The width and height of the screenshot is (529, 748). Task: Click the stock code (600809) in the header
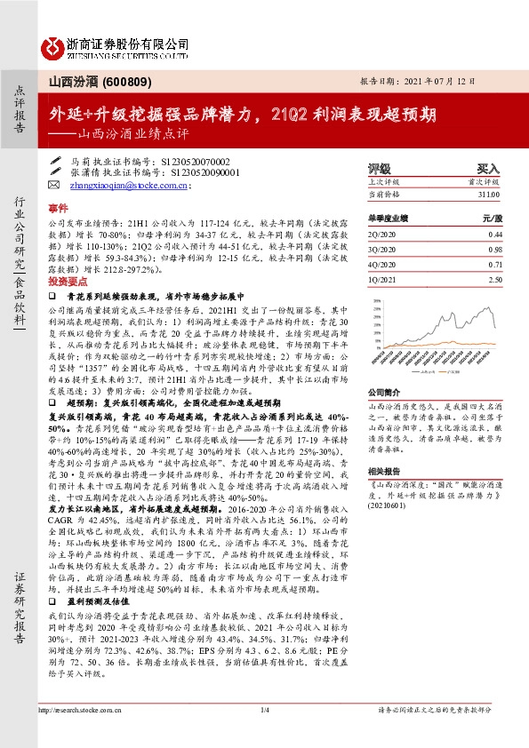(129, 82)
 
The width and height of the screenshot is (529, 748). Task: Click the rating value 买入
(488, 168)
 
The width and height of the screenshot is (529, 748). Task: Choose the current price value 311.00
(488, 194)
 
